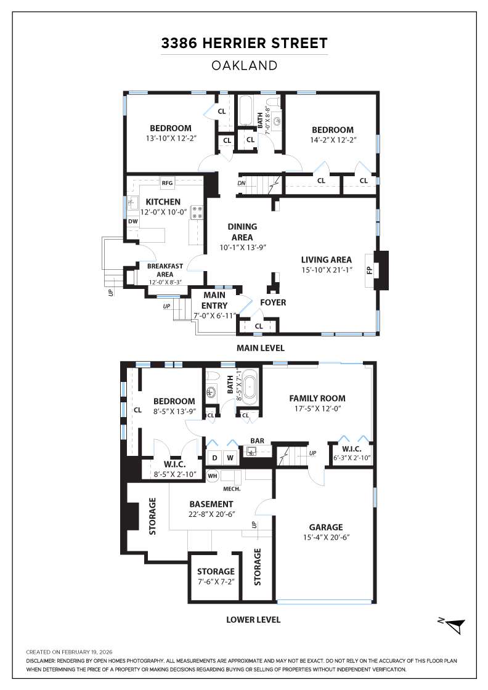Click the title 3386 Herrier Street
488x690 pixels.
tap(244, 43)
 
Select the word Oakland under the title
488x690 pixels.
tap(244, 65)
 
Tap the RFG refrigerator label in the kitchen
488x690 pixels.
tap(167, 183)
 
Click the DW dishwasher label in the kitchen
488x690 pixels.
tap(132, 222)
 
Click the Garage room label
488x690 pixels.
tap(326, 527)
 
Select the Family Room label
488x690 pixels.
tap(317, 398)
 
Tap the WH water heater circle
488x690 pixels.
tap(212, 476)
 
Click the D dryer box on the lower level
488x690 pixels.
tap(214, 458)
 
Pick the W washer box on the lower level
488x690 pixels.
tap(230, 458)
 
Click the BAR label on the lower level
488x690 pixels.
tap(258, 441)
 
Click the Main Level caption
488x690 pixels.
tap(261, 348)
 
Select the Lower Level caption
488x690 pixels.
tap(253, 620)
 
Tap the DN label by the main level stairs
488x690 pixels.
tap(242, 183)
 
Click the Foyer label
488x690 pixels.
tap(273, 302)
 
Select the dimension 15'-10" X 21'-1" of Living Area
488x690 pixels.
tap(326, 270)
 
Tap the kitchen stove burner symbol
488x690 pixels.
tap(198, 213)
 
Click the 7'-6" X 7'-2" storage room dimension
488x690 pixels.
tap(216, 582)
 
